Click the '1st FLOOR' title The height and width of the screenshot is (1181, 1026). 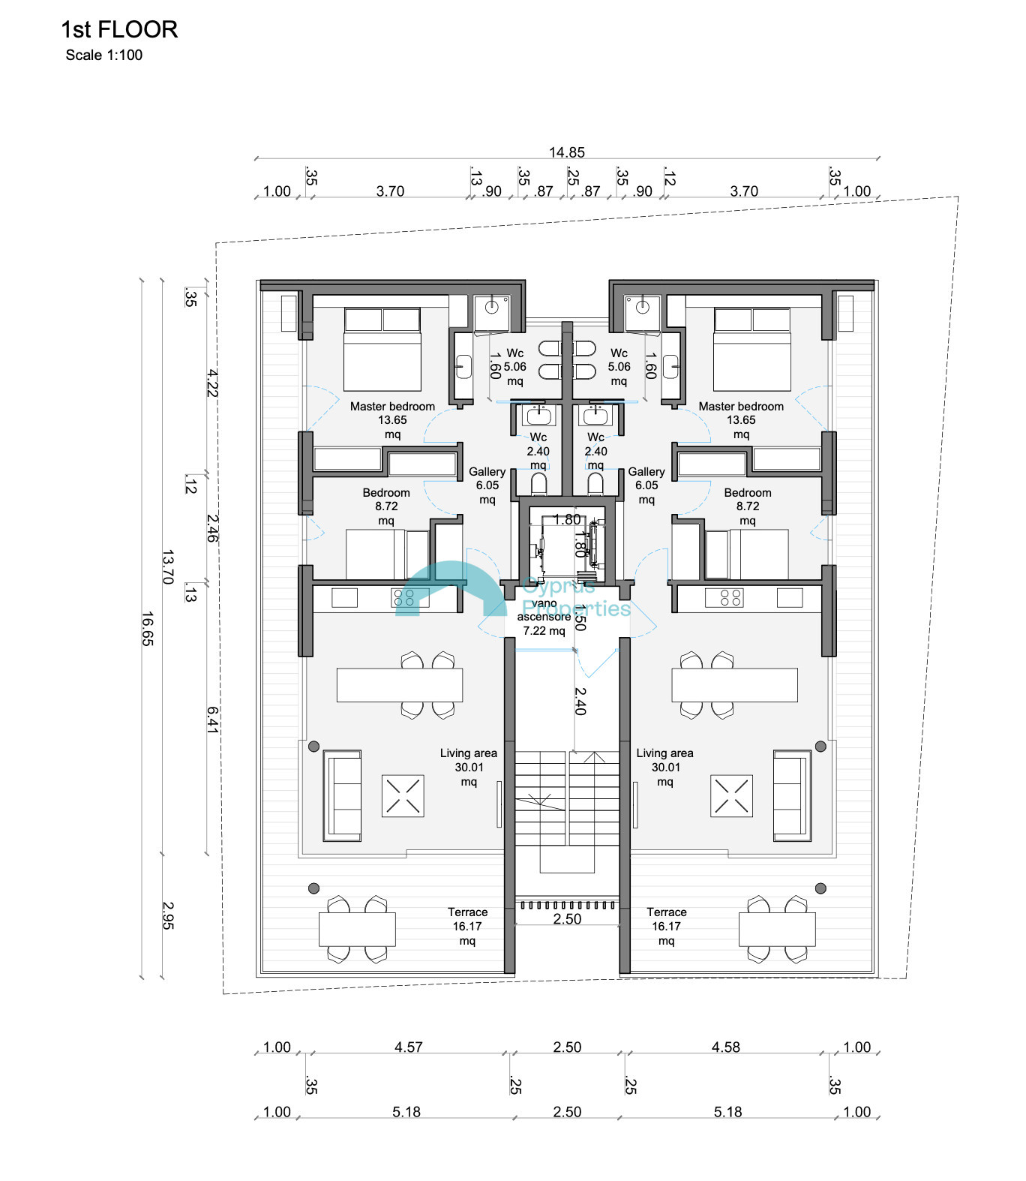coord(119,29)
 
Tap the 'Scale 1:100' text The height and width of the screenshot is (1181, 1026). coord(104,55)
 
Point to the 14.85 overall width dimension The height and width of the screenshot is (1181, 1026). coord(567,152)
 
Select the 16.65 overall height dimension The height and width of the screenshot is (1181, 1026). coord(147,629)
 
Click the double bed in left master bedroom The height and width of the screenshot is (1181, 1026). coord(382,349)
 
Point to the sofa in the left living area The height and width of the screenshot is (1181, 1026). coord(342,795)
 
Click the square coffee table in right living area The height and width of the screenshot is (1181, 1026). coord(731,795)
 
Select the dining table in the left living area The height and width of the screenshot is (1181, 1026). coord(400,685)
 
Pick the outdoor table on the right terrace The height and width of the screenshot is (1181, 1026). coord(777,929)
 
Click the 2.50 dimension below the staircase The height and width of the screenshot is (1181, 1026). coord(567,919)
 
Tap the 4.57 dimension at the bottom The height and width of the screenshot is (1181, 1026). coord(409,1047)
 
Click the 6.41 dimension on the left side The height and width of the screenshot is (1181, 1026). coord(212,720)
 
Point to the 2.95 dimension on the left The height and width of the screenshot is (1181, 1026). coord(168,915)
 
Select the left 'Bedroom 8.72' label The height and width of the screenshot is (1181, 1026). coord(386,506)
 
